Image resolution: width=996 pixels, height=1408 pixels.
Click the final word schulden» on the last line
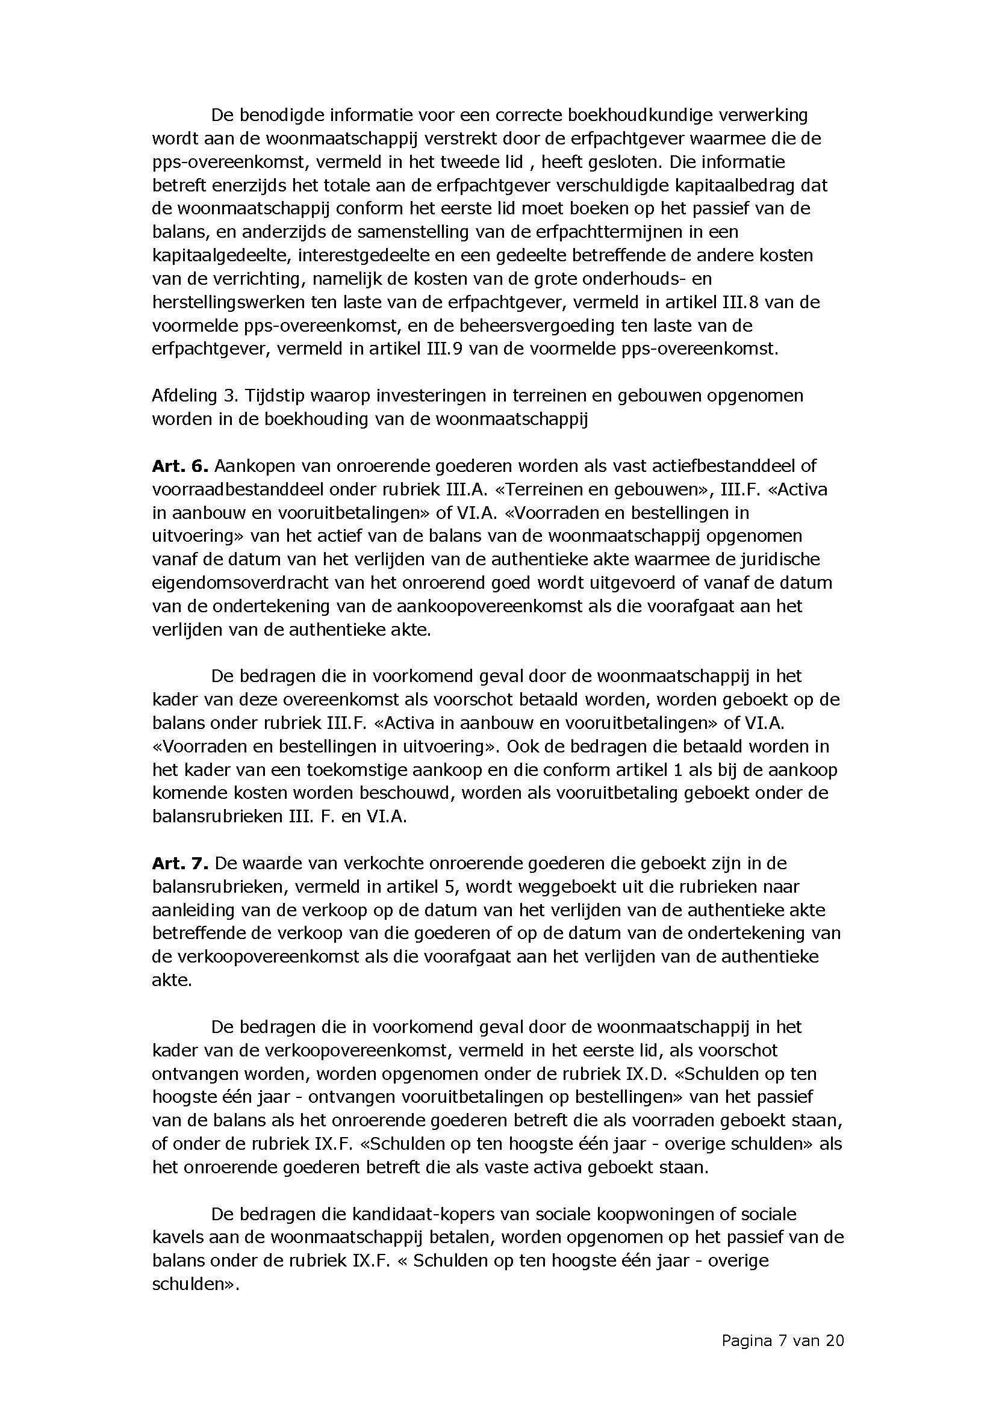(195, 1284)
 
